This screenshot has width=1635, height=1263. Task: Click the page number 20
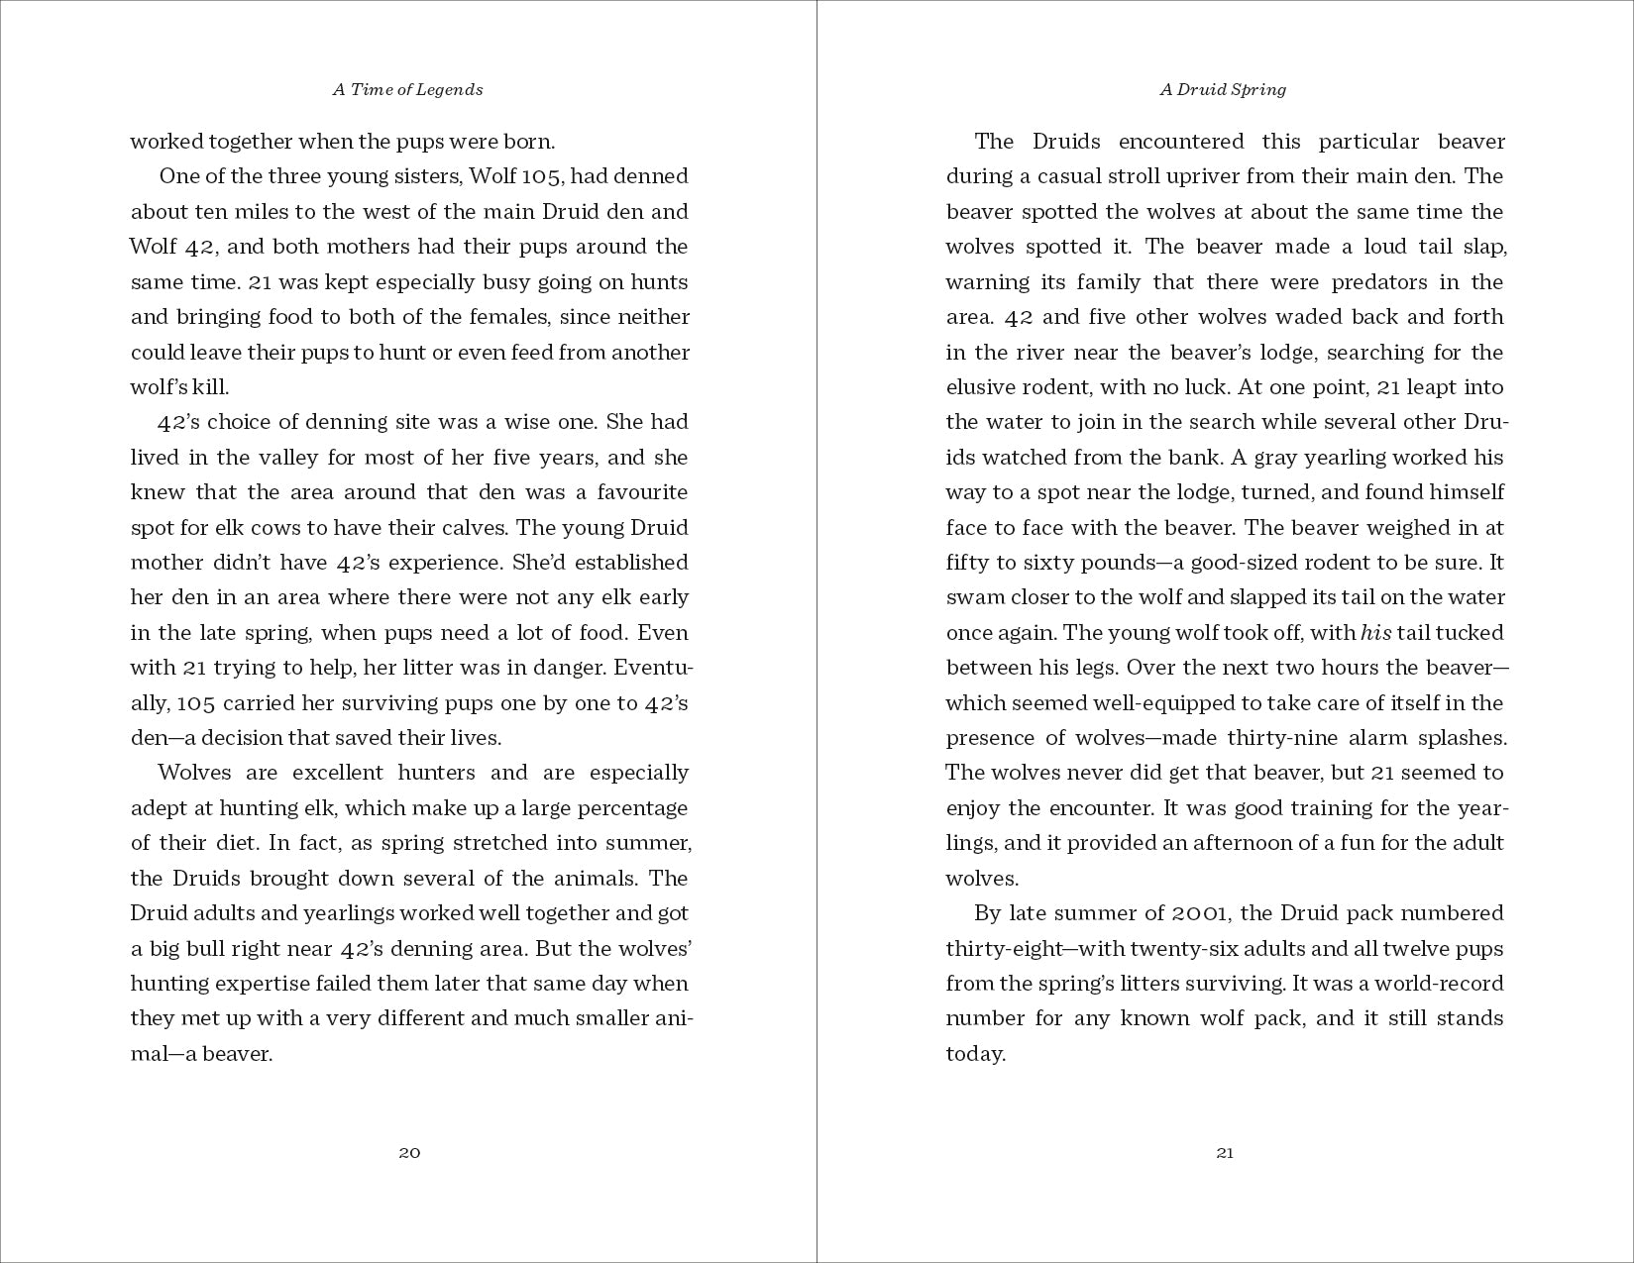click(x=409, y=1152)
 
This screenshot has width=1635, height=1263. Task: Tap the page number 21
click(x=1225, y=1152)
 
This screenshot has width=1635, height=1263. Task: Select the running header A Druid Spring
click(x=1223, y=89)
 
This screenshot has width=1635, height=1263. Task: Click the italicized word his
click(x=1375, y=633)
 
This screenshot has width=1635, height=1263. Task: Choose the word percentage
click(x=638, y=808)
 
